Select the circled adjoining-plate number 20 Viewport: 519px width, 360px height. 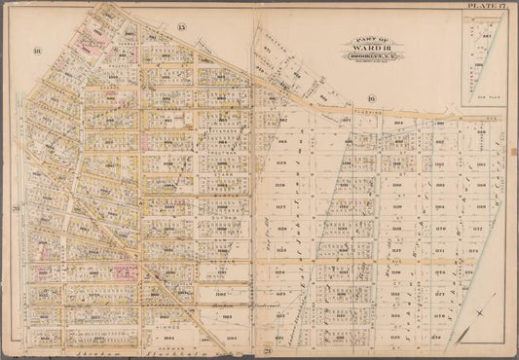pyautogui.click(x=17, y=207)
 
